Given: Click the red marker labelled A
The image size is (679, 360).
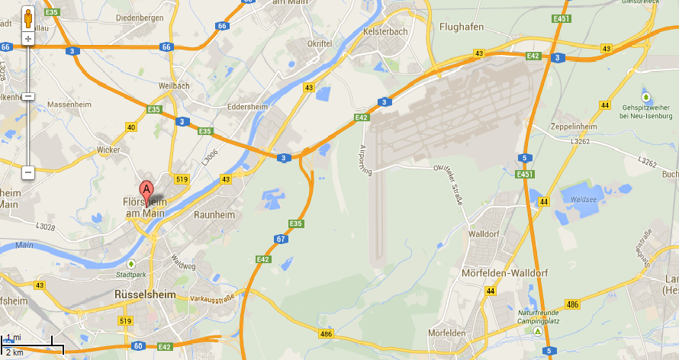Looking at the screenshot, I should (x=146, y=191).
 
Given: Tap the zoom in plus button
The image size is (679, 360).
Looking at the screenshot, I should (x=28, y=38).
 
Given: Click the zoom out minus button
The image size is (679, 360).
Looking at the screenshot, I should (x=28, y=172).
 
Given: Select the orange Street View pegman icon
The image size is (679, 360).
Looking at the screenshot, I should (x=28, y=18).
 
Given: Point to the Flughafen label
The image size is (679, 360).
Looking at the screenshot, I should (x=462, y=27).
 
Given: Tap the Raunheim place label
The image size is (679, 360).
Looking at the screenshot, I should (x=214, y=215).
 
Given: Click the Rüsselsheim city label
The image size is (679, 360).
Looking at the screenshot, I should (x=145, y=294).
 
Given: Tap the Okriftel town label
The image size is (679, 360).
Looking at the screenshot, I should (x=320, y=43).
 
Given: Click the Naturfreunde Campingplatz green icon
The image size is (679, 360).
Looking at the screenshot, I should (x=539, y=333).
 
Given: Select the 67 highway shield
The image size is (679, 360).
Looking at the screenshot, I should (x=281, y=239).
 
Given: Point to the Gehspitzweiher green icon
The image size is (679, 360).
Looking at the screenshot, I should (x=646, y=97).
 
